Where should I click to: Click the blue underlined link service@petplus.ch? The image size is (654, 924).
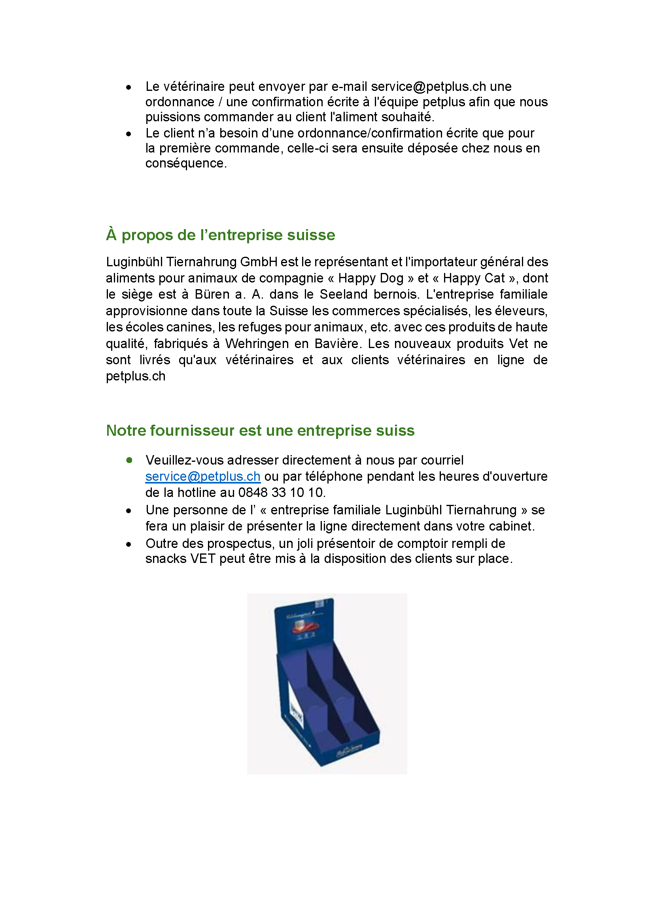202,476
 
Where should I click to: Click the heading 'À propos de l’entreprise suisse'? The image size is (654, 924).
220,235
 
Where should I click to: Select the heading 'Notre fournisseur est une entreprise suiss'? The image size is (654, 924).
260,431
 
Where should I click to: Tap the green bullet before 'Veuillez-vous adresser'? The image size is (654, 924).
129,460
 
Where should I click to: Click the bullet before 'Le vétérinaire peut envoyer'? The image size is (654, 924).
129,87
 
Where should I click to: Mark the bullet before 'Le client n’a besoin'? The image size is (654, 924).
129,134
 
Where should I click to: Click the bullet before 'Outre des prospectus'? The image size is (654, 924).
129,544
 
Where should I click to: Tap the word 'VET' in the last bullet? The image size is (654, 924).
203,559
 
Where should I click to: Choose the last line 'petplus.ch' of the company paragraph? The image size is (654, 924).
136,376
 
